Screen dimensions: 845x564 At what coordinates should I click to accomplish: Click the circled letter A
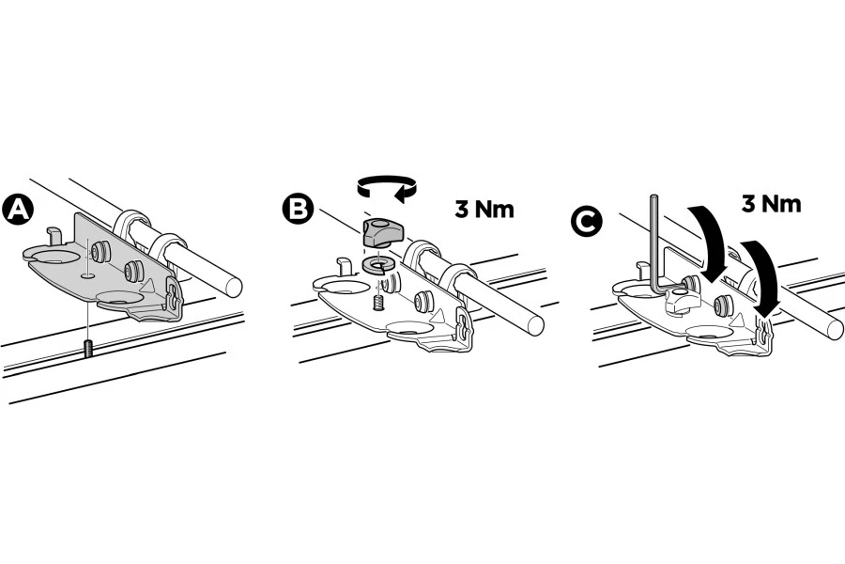point(18,211)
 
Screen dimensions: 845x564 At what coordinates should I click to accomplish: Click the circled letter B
point(298,210)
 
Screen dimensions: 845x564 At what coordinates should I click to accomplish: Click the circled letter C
point(587,222)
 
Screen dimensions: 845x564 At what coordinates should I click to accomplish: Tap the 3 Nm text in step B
point(484,210)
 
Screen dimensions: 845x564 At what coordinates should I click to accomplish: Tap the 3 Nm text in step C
point(771,204)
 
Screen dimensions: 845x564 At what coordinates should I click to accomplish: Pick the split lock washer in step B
point(380,264)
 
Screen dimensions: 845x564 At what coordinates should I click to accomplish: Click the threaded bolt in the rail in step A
point(87,348)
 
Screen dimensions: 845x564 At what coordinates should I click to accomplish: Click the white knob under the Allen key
point(681,301)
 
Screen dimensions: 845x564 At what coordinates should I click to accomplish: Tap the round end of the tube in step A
point(233,285)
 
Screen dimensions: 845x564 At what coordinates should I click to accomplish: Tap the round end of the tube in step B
point(534,323)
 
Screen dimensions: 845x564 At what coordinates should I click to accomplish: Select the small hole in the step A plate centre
point(86,275)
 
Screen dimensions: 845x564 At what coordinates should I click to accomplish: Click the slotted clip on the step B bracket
point(464,327)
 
